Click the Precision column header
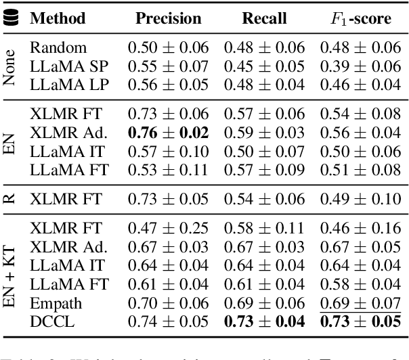[x=169, y=19]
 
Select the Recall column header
[x=265, y=19]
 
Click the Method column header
[x=57, y=19]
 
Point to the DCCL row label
[x=48, y=323]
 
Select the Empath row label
[x=52, y=304]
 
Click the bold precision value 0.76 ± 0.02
[x=169, y=133]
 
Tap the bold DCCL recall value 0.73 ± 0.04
[x=265, y=323]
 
